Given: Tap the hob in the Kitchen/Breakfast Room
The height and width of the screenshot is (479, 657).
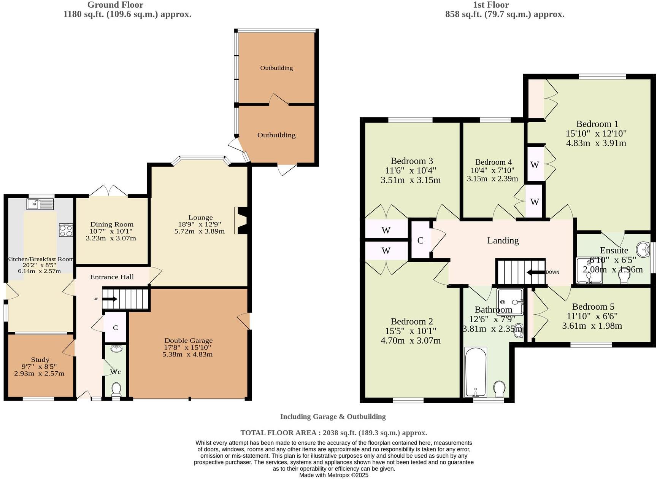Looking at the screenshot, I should coord(66,230).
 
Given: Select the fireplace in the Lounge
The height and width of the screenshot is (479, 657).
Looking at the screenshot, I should coord(240,220).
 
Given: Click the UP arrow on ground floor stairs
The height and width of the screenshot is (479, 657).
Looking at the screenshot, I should coord(109,299).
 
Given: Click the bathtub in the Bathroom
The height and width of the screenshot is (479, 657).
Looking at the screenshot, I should coord(476,372).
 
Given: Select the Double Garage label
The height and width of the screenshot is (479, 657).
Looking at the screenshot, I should coord(188,341).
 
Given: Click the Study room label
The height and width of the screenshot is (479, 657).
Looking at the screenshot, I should coord(40,360).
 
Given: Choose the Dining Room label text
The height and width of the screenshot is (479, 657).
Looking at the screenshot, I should coord(112,224).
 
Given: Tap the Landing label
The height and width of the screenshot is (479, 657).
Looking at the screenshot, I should coord(503,240).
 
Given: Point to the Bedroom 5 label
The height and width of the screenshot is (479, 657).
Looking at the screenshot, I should coord(593,307).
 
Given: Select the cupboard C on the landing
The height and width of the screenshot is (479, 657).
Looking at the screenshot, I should coord(420,240).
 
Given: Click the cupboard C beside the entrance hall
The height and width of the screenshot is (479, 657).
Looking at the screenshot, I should coord(115,328).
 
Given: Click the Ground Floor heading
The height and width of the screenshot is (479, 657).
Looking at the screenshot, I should coord(115,5).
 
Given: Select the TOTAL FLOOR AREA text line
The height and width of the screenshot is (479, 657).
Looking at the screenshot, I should coord(333,433).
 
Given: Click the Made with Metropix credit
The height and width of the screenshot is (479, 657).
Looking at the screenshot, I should coord(333,475).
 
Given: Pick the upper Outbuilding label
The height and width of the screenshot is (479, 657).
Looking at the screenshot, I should coord(276,68).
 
